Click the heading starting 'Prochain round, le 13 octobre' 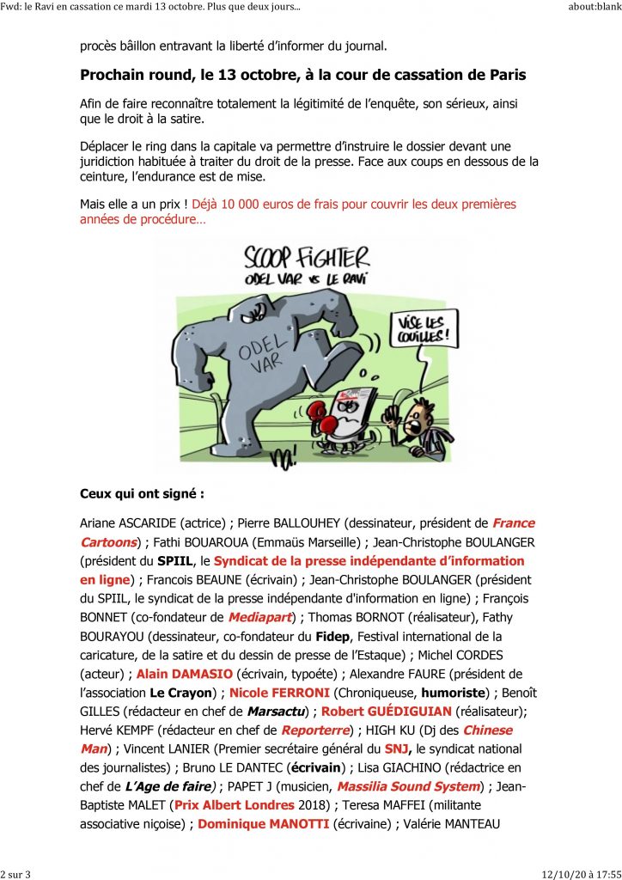point(302,75)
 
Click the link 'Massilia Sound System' point(407,785)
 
